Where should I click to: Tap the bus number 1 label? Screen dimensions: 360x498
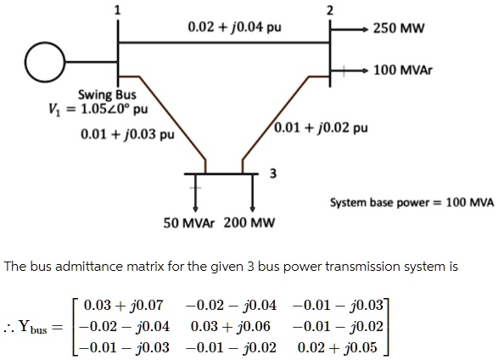(x=117, y=10)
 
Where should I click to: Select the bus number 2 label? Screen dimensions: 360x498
(x=330, y=10)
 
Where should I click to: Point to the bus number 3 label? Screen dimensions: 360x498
(x=271, y=175)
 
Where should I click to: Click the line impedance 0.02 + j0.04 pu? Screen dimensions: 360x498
(x=223, y=27)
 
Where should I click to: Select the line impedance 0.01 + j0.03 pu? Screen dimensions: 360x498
(x=127, y=134)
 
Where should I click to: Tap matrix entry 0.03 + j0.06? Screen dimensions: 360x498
(x=230, y=324)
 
